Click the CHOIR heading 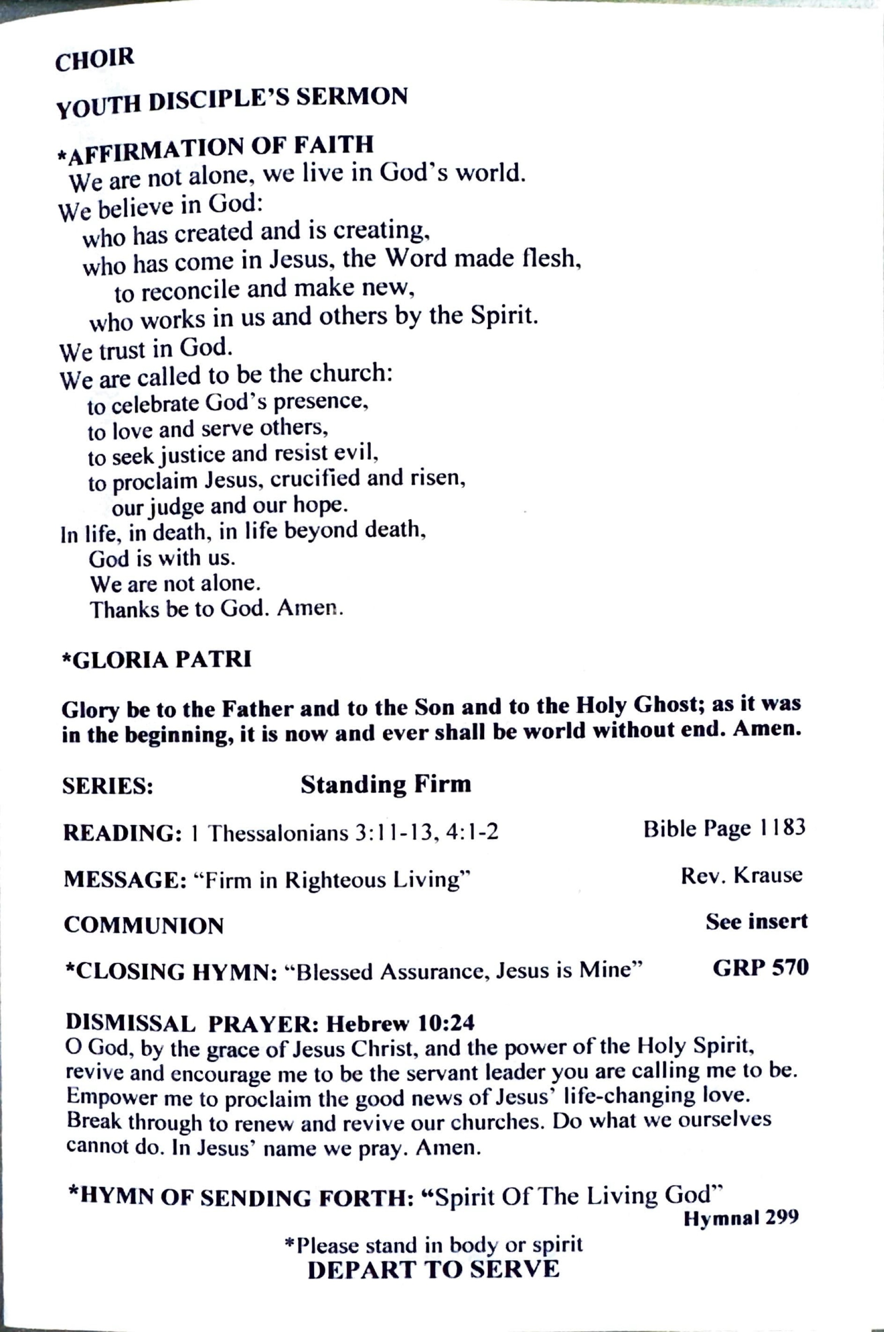tap(95, 59)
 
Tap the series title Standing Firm tap(386, 784)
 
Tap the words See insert tap(757, 921)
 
